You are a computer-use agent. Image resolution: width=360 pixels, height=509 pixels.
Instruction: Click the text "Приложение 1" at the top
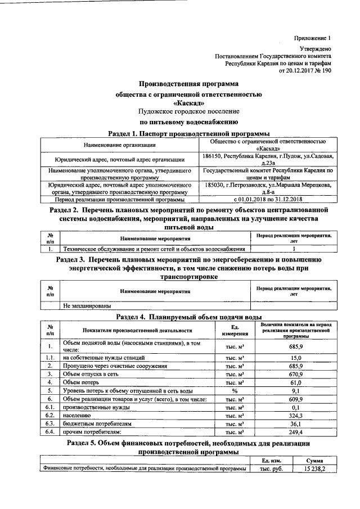point(313,38)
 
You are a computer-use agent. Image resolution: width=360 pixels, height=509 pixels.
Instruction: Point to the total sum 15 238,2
point(314,469)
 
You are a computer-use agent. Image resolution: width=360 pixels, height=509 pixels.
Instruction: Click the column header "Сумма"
point(314,461)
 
